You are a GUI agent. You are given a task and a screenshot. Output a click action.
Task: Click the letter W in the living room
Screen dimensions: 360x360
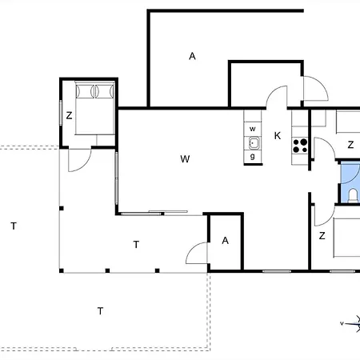(x=185, y=159)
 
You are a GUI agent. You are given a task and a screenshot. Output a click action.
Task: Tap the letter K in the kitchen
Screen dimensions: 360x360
(x=278, y=136)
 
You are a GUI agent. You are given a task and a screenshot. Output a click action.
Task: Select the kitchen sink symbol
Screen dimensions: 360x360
(x=254, y=143)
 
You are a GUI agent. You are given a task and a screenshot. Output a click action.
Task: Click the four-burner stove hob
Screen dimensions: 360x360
(x=300, y=146)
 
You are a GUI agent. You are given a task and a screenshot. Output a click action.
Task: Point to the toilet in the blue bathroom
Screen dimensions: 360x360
(x=353, y=196)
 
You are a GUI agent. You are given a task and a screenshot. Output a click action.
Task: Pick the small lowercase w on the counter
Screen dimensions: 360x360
(x=253, y=129)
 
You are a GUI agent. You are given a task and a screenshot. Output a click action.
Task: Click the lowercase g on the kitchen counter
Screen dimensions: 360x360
(x=253, y=156)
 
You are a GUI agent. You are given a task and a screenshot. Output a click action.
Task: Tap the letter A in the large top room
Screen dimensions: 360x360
(x=192, y=56)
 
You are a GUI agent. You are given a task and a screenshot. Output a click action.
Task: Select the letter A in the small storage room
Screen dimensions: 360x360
(x=226, y=241)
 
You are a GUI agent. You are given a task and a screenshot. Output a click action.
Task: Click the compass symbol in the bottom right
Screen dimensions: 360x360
(x=351, y=324)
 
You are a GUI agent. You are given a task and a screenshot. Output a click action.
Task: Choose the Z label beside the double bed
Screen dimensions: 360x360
(x=69, y=115)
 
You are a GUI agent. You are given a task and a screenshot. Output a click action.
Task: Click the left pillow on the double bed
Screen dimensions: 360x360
(x=86, y=91)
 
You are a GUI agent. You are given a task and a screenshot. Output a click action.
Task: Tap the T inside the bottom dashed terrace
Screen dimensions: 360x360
(x=100, y=311)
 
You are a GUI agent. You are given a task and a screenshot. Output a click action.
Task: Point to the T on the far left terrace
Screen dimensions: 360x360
(x=14, y=226)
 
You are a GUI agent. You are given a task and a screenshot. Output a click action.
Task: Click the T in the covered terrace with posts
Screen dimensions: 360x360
(x=136, y=244)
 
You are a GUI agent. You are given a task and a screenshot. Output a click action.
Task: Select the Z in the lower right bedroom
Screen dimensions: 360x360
(x=322, y=236)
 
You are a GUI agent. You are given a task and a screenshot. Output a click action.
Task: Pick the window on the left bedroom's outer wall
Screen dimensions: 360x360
(x=61, y=113)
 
